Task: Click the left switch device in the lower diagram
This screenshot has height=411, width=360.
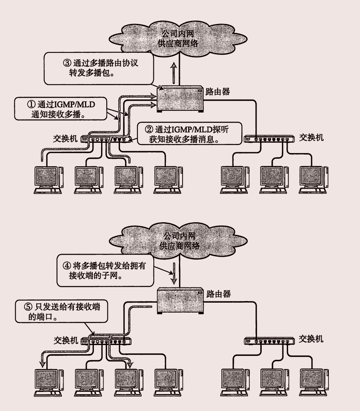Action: (x=107, y=341)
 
